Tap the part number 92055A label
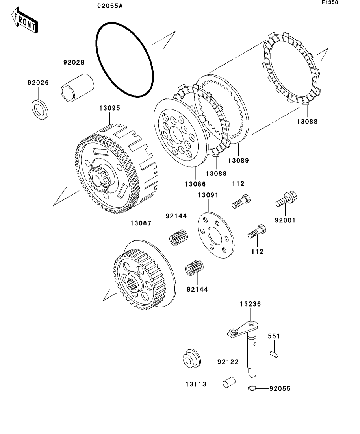pyautogui.click(x=111, y=7)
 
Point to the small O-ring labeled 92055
pyautogui.click(x=253, y=389)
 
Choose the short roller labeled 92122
pyautogui.click(x=228, y=382)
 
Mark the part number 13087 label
pyautogui.click(x=141, y=223)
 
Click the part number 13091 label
pyautogui.click(x=208, y=195)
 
